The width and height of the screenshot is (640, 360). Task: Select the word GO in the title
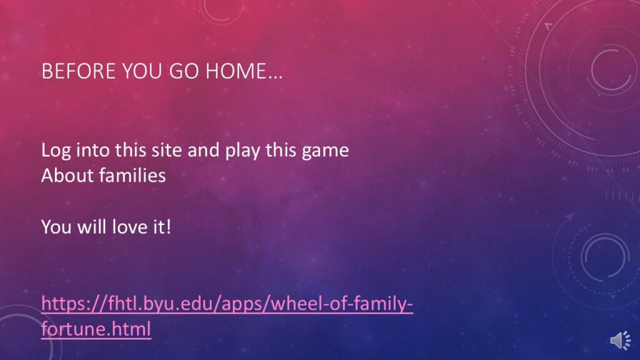(184, 71)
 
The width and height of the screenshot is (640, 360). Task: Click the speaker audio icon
(621, 341)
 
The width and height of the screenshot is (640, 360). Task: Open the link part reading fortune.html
(96, 329)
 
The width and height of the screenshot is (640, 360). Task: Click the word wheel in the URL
(295, 304)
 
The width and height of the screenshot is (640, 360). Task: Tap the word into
(92, 150)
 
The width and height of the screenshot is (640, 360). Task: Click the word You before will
(56, 226)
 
